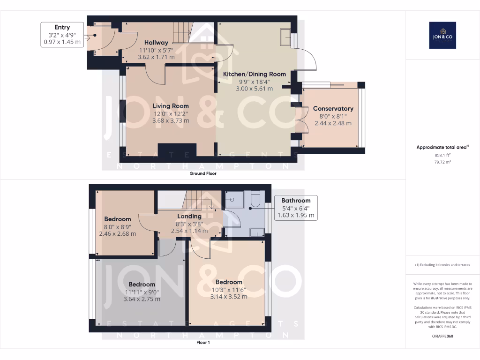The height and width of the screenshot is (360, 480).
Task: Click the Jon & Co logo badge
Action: [442, 35]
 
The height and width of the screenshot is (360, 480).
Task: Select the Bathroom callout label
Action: [296, 208]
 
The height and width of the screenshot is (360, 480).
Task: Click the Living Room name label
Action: [171, 106]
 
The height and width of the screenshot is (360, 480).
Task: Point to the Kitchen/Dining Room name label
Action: [254, 74]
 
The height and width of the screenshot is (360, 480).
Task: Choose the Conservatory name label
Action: [333, 109]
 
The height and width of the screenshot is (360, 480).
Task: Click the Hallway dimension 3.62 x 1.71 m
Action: [156, 57]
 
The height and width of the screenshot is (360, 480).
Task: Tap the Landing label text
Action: [189, 216]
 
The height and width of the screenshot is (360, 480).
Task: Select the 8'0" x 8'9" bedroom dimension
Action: [118, 226]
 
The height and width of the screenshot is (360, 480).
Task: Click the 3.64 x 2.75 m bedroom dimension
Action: [142, 299]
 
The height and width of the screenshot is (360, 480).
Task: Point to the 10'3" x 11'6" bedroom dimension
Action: [229, 289]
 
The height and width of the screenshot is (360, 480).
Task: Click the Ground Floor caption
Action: [202, 173]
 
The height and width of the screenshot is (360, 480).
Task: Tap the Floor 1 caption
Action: [203, 343]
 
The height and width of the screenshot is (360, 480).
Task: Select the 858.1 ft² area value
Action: [442, 155]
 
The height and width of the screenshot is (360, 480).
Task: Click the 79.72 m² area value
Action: [442, 162]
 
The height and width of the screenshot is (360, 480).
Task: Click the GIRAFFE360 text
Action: [442, 336]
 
